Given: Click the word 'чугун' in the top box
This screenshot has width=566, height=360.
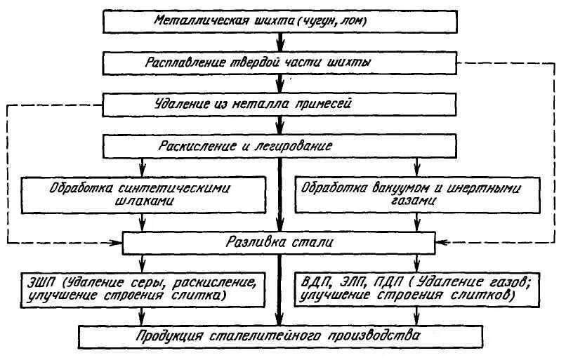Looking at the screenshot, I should [x=320, y=21].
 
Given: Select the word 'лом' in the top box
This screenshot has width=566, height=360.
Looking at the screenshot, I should [x=355, y=21].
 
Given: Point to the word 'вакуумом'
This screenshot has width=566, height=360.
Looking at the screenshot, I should [x=396, y=188].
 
